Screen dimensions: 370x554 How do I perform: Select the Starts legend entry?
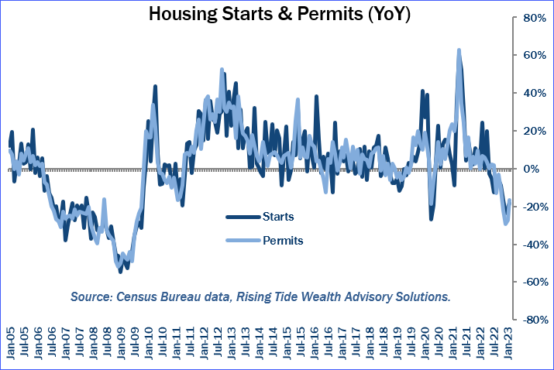[x=278, y=216]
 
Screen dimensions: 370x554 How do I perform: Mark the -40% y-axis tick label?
[x=535, y=244]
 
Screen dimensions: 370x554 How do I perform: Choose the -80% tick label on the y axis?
[x=535, y=319]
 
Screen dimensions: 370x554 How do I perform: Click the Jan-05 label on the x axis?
[x=10, y=345]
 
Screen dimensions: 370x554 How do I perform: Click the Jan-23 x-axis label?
[x=512, y=345]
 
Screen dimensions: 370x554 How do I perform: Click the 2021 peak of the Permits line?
[x=459, y=50]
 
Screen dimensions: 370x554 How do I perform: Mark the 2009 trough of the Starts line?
[x=121, y=271]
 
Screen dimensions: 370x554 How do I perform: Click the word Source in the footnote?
[x=91, y=296]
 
